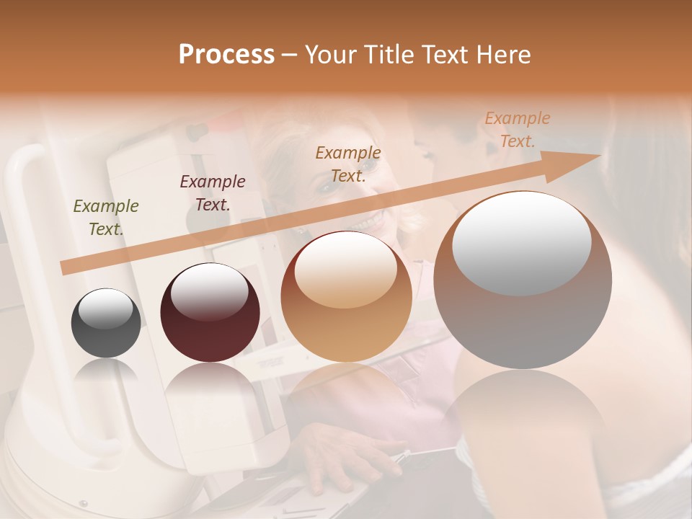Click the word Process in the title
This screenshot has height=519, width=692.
pyautogui.click(x=226, y=55)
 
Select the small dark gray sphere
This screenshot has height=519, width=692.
pyautogui.click(x=106, y=323)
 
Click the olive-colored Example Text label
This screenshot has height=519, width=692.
pyautogui.click(x=106, y=217)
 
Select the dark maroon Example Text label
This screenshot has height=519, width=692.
pyautogui.click(x=213, y=192)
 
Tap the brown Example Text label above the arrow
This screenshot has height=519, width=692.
pyautogui.click(x=348, y=164)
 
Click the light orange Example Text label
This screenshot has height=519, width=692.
pyautogui.click(x=518, y=129)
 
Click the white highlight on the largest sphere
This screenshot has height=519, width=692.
pyautogui.click(x=521, y=243)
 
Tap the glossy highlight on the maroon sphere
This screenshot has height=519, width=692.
pyautogui.click(x=209, y=291)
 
